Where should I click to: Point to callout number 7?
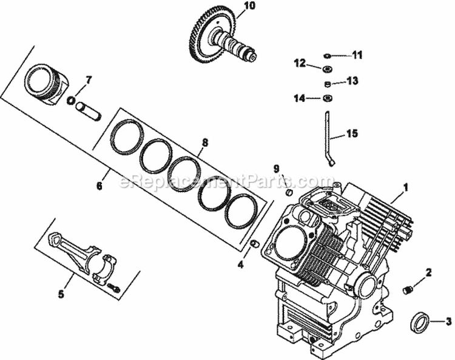pos(89,79)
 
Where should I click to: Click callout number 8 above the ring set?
pos(204,143)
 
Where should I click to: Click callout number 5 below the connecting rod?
pos(61,295)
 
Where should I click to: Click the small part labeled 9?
pos(290,192)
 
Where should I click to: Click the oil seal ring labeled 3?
pos(418,322)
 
